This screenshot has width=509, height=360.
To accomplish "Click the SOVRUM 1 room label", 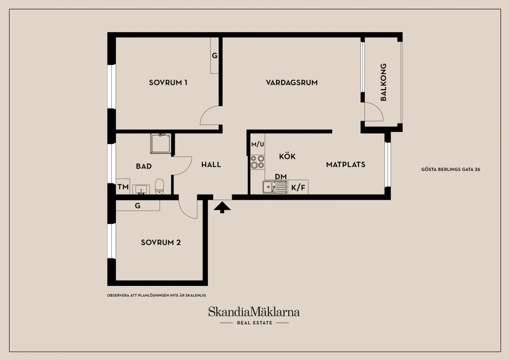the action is point(168,82).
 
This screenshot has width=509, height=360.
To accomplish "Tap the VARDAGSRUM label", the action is point(292,82).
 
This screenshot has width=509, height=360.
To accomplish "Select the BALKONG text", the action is point(383,82).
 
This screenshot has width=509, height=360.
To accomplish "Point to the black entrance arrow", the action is point(222,208).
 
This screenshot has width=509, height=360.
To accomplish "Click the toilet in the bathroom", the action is point(159,187).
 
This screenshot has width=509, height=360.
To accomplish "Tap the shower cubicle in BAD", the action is point(160,144).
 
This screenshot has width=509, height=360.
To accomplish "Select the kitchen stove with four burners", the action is point(257,162).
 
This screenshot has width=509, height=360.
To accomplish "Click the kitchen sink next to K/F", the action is point(275,187).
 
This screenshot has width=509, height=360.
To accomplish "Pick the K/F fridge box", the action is point(298,187).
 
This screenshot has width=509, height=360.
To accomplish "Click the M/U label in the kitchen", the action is point(258,144).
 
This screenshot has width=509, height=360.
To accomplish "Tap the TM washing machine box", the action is point(123,187).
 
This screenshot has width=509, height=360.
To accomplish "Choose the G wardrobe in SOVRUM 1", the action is point(215,56).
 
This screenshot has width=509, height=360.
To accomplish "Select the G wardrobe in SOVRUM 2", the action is point(138,205).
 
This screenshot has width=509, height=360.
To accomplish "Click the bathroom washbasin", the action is point(141,189).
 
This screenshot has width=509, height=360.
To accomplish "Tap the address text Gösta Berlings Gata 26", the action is point(451,169).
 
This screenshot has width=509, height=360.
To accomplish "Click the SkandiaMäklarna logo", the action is point(254,315).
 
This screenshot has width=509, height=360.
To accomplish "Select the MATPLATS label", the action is point(346,164).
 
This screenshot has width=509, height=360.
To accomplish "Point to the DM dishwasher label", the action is point(281,176).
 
